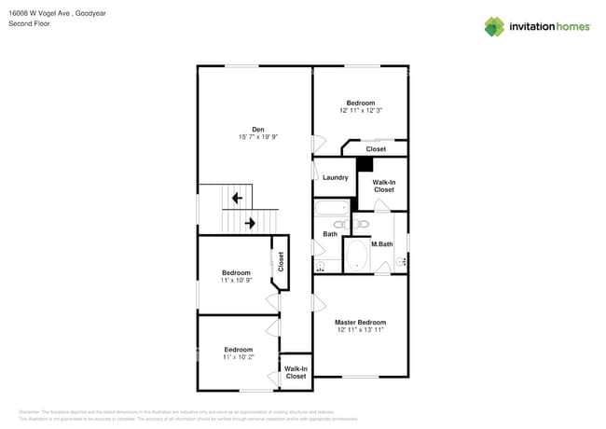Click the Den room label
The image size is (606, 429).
click(257, 129)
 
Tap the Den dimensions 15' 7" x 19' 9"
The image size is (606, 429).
click(257, 137)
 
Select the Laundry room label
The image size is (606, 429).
click(335, 177)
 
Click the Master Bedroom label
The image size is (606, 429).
click(360, 322)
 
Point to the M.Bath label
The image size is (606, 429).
click(381, 244)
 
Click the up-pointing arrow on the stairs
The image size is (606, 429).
click(237, 198)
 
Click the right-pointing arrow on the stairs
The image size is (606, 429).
click(250, 223)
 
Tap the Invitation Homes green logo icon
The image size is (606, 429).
click(493, 26)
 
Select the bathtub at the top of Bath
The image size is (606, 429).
click(331, 209)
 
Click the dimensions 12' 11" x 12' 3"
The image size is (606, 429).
click(361, 110)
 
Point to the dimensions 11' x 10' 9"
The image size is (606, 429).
click(236, 280)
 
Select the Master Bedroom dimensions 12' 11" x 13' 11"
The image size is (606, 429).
click(360, 330)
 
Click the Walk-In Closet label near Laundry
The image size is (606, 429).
click(383, 186)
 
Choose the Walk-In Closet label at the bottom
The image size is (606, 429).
click(296, 371)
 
